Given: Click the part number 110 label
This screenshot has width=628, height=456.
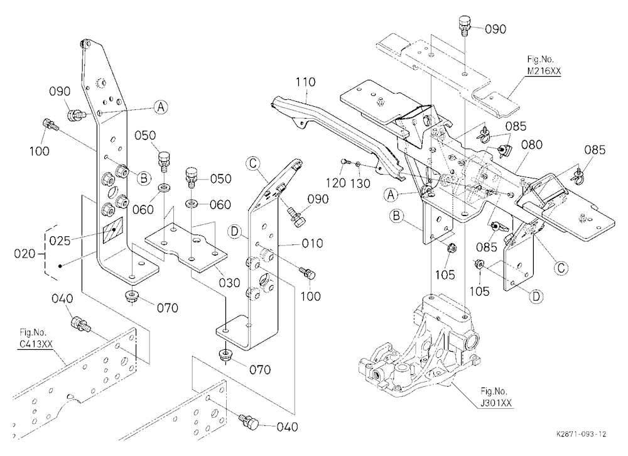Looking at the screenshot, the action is pos(306,82).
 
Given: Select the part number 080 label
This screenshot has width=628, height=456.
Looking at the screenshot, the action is pos(532,144).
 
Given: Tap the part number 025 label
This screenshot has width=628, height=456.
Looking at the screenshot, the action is pos(60,241).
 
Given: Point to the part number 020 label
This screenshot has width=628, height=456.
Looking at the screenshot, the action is pos(24,254).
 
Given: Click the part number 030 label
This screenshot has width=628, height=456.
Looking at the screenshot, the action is pos(229,283).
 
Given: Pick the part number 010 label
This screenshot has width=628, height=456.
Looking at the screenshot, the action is pos(312,243).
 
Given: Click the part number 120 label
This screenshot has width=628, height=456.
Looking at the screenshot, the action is pos(335,183).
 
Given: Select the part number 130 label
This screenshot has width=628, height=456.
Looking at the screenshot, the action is pos(360,183).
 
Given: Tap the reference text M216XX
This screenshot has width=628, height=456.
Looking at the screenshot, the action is pos(543,71).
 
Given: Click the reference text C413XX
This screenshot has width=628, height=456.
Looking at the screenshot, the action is pos(35,344).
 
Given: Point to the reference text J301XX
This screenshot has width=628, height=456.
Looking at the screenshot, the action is pos(496,403).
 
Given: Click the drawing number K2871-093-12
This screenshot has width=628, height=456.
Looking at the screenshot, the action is pos(581,434).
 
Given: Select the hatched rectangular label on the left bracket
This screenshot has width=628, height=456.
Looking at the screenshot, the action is pos(114,230).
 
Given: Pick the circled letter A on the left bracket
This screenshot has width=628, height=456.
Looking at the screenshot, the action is pos(161,107).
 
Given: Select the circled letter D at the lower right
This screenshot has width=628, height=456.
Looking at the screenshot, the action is pos(536,296).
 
